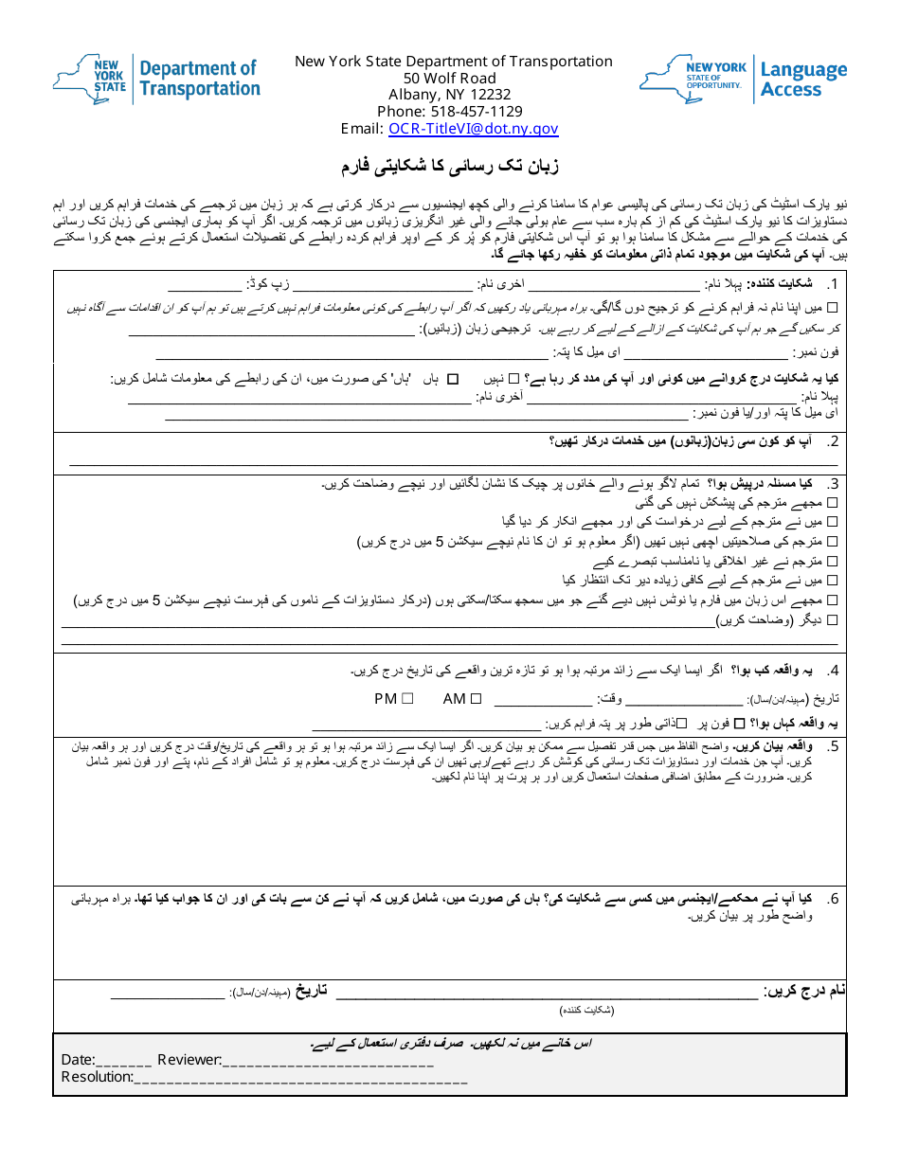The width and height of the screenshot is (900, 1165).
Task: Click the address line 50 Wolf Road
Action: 449,78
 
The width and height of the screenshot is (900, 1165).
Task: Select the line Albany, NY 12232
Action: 449,95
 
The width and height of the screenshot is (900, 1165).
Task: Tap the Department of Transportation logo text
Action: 199,79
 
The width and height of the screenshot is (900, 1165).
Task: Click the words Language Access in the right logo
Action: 803,80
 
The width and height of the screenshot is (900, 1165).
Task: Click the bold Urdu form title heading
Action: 450,167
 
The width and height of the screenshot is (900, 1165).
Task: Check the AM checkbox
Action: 477,699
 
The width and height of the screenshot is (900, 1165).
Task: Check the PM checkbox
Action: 406,699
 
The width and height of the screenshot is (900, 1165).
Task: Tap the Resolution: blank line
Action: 300,1078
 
